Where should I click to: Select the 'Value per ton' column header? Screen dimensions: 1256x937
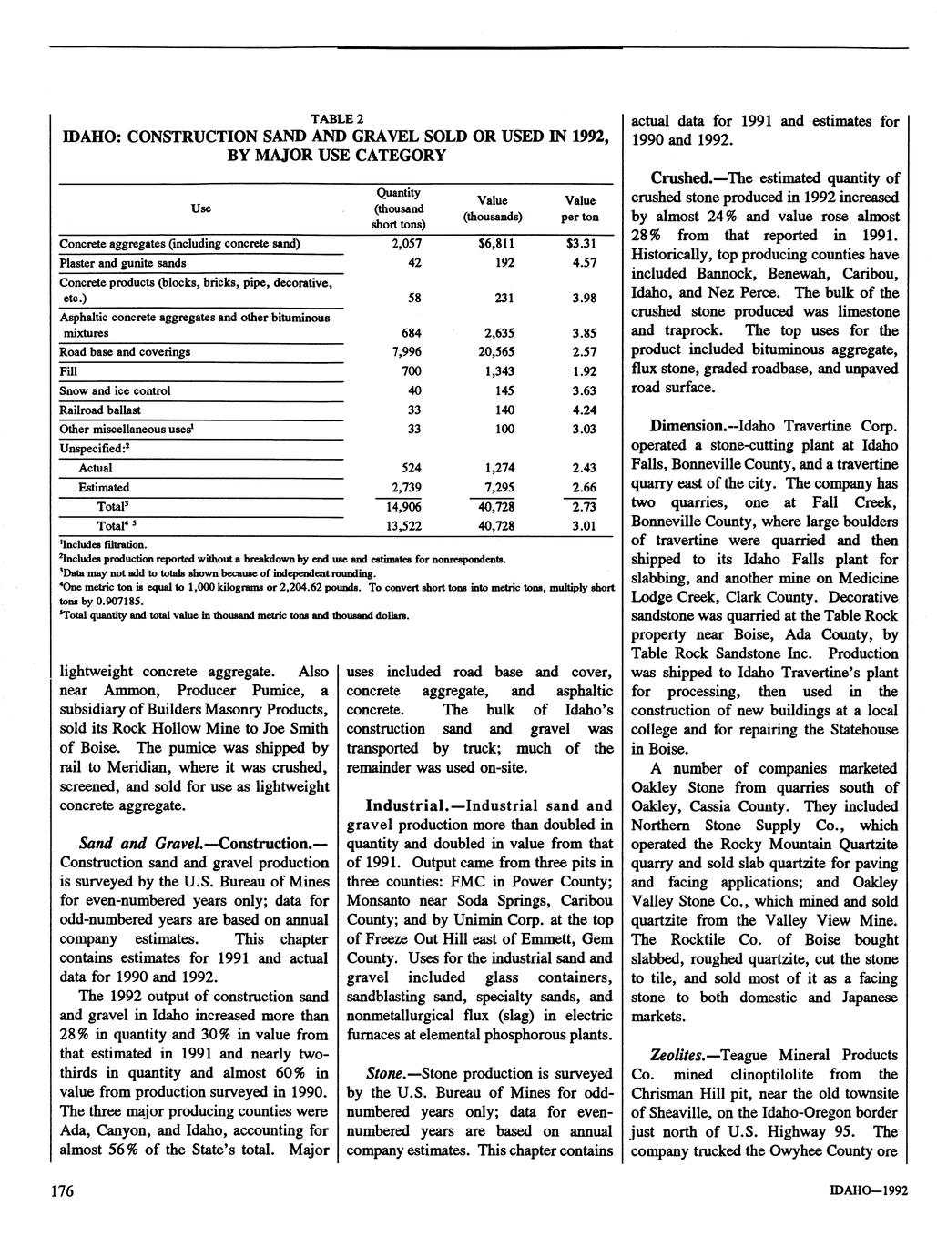(x=579, y=208)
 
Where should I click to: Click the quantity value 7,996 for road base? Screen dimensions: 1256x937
(x=406, y=352)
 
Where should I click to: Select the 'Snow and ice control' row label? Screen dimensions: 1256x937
(x=115, y=390)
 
